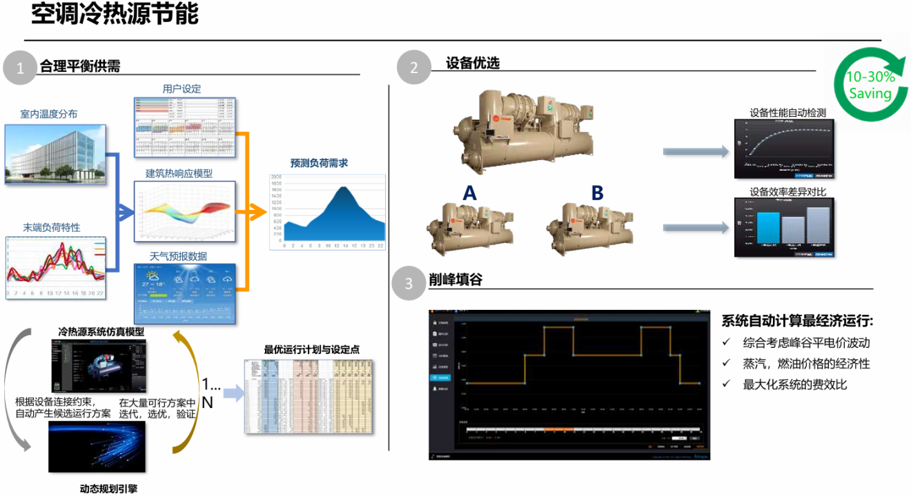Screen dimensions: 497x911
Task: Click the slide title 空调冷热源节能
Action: (x=115, y=14)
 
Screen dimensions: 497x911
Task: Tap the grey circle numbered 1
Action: (x=20, y=67)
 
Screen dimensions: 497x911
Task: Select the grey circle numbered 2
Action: (x=413, y=67)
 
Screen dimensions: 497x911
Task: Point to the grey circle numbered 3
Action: (x=409, y=284)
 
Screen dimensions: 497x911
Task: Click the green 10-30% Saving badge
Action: (x=871, y=85)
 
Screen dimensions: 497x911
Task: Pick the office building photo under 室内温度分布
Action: (x=55, y=155)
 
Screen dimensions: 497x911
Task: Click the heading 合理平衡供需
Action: (x=80, y=66)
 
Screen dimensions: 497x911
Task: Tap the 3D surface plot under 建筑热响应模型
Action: (x=185, y=211)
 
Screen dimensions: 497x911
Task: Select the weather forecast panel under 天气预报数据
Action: (x=185, y=294)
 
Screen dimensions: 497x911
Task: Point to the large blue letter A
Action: (x=469, y=193)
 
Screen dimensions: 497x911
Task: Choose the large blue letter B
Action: (x=597, y=193)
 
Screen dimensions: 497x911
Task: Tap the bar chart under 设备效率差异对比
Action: (x=784, y=228)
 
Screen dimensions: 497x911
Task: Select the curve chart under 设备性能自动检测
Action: (x=784, y=148)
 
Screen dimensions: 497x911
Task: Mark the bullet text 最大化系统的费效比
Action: (x=794, y=384)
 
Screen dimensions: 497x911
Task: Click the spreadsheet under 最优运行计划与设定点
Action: (x=309, y=397)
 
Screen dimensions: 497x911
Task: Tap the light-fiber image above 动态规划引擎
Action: (x=97, y=447)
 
